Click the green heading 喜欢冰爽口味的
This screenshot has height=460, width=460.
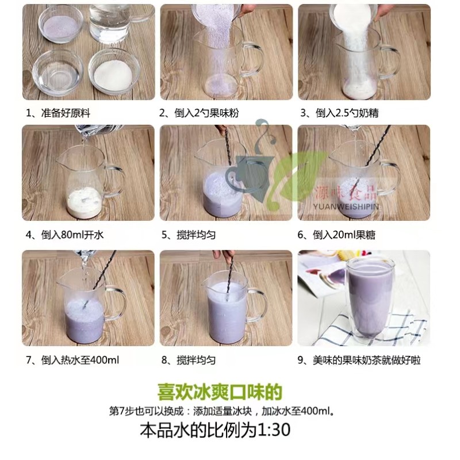(x=220, y=392)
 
